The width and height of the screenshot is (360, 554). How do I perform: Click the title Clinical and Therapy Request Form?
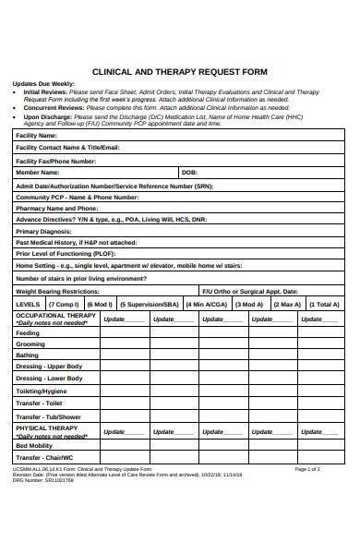coord(180,70)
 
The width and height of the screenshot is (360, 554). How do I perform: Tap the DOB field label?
coord(189,173)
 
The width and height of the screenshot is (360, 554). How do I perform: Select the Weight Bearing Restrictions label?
coord(57,290)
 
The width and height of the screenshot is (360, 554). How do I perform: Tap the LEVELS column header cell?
coord(29,303)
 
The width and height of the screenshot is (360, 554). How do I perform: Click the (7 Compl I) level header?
coord(64,303)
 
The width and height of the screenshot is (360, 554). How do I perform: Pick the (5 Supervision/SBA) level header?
coord(152,303)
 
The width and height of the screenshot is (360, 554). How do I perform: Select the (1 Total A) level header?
coord(323,303)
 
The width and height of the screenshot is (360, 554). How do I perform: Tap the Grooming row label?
coord(30,343)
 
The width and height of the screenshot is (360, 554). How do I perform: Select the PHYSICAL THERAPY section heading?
coord(46,428)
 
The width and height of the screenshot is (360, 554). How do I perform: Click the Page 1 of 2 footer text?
coord(307,469)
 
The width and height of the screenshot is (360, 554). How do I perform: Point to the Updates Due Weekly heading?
coord(43,83)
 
